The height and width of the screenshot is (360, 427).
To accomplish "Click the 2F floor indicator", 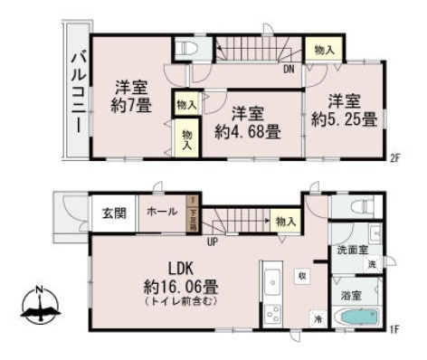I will (x=394, y=158).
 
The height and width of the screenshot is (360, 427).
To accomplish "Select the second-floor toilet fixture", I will (x=185, y=47).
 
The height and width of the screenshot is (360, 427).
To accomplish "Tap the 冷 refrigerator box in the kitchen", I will (x=318, y=318).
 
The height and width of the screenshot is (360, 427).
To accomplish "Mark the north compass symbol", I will (x=38, y=308).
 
